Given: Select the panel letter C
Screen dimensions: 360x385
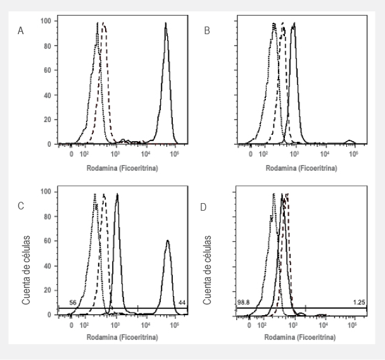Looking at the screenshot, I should [x=22, y=206].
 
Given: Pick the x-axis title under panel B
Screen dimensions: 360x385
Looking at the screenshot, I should [x=301, y=169].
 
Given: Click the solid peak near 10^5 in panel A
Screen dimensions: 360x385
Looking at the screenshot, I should [x=166, y=25].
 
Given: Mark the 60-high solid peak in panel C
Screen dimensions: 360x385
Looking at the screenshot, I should [x=167, y=242].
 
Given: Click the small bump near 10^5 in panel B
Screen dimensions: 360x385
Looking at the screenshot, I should [x=348, y=141].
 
